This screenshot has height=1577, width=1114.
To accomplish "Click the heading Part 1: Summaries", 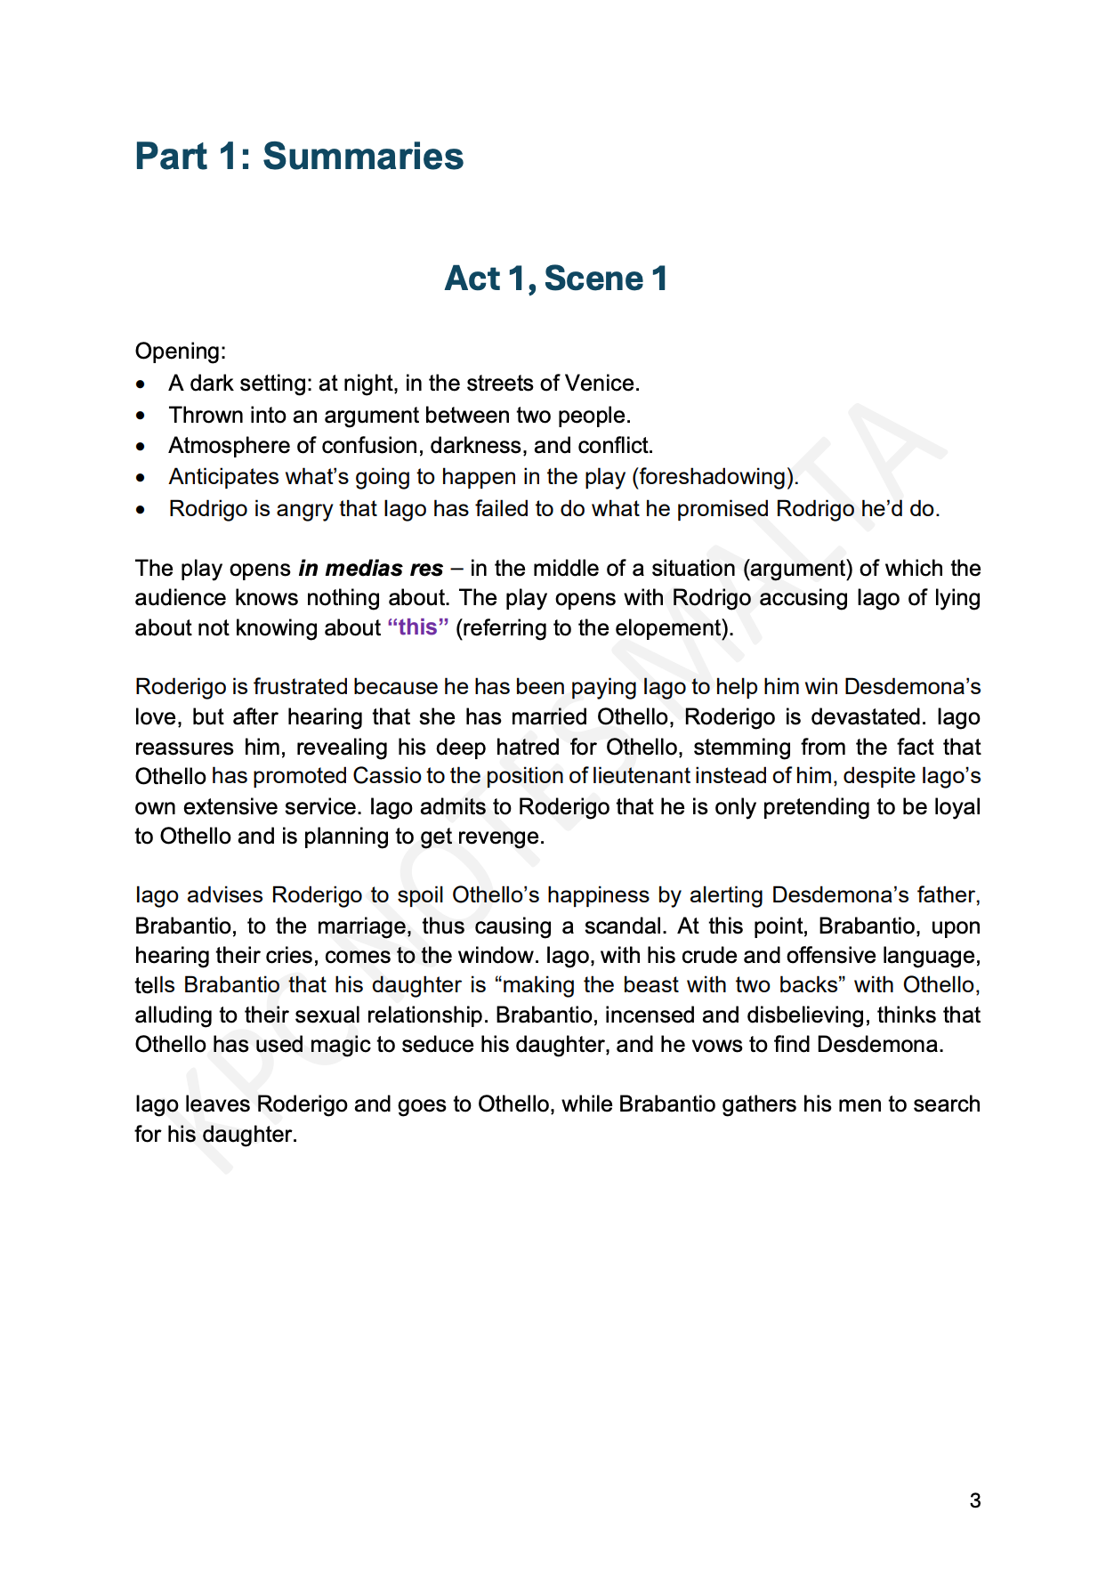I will click(299, 157).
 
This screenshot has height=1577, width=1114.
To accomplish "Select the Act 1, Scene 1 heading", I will click(556, 279).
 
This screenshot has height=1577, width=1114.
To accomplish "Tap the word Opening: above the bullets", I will click(181, 352).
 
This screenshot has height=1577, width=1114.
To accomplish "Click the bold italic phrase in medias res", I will click(371, 569).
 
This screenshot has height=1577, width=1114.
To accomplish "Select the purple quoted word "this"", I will click(418, 627).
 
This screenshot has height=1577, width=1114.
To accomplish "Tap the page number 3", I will click(975, 1500).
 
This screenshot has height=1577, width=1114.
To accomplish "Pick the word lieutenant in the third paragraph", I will click(641, 776).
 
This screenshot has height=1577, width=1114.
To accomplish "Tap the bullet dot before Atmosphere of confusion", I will click(141, 447).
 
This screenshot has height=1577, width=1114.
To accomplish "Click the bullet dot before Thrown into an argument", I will click(141, 416).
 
